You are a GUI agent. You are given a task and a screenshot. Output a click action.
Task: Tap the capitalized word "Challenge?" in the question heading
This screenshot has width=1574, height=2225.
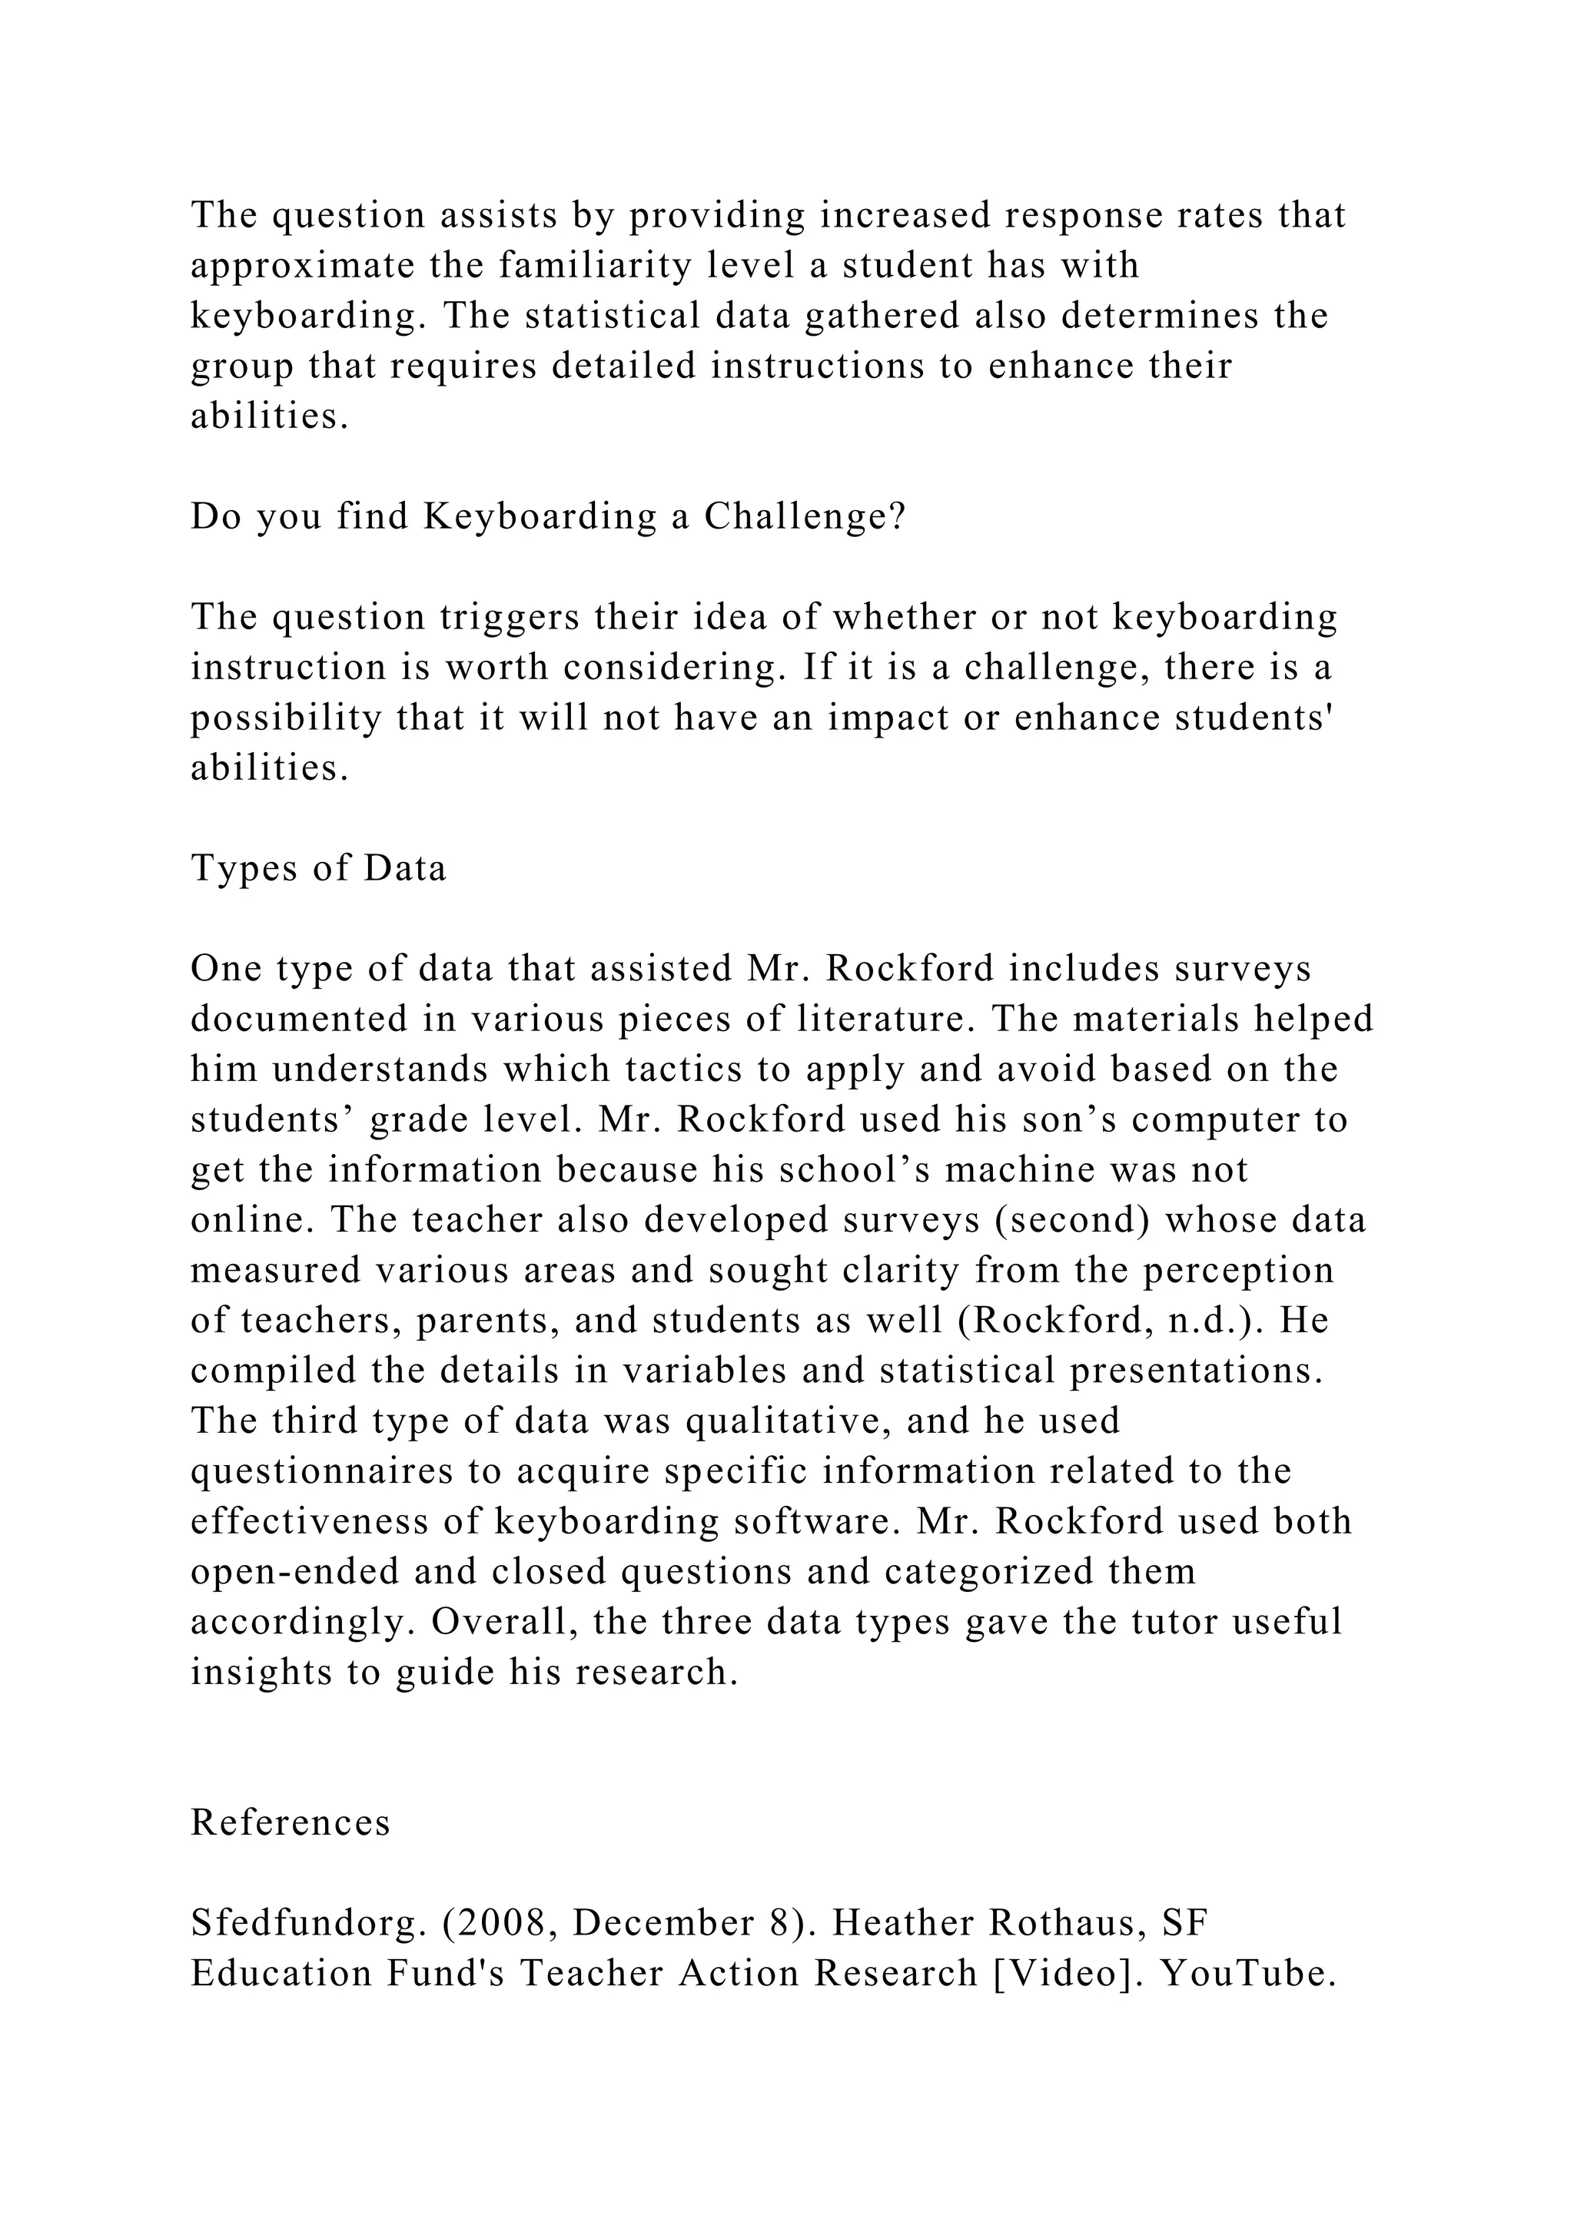[x=805, y=516]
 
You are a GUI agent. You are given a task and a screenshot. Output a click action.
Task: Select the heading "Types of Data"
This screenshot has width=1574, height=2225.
[x=318, y=867]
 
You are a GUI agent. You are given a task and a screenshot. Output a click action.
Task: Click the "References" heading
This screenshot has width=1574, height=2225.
[x=290, y=1823]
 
